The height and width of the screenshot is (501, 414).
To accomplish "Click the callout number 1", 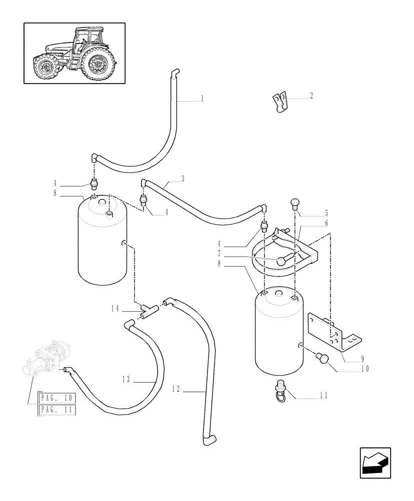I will click(202, 99).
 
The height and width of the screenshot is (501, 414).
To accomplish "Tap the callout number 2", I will click(311, 95).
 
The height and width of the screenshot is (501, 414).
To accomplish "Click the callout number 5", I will click(326, 212).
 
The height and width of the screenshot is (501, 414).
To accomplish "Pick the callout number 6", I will click(326, 222).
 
